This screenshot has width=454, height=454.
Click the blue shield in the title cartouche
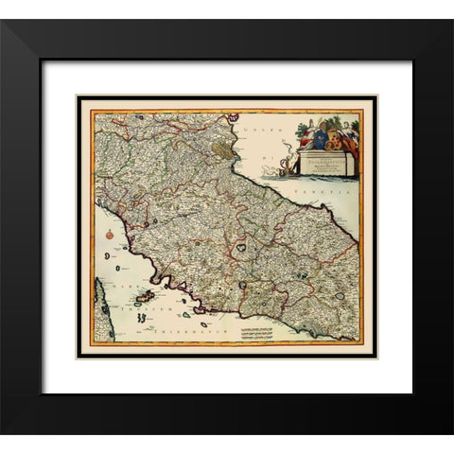click(x=320, y=139)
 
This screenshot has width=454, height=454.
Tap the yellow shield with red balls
click(x=332, y=142)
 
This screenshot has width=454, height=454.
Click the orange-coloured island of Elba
click(x=146, y=299)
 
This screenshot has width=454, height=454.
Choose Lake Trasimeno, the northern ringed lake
click(x=242, y=245)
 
